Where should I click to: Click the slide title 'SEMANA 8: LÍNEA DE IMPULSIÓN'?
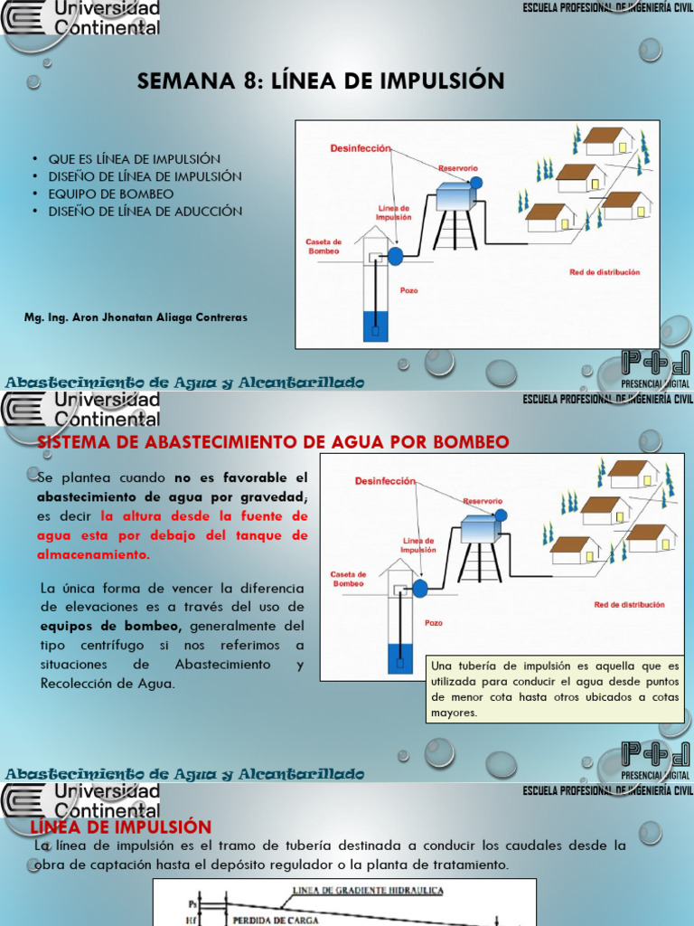pyautogui.click(x=320, y=81)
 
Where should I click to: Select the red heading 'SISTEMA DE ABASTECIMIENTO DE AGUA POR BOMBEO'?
pyautogui.click(x=273, y=442)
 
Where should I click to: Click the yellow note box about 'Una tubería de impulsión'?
pyautogui.click(x=555, y=689)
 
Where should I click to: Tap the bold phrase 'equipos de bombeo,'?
pyautogui.click(x=89, y=625)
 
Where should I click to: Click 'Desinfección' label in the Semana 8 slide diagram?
pyautogui.click(x=361, y=147)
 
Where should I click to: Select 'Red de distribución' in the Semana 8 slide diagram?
pyautogui.click(x=604, y=271)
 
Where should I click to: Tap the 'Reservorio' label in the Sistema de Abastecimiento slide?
pyautogui.click(x=483, y=500)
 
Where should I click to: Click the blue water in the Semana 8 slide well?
pyautogui.click(x=375, y=326)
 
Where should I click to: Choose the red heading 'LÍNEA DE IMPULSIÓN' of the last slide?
pyautogui.click(x=121, y=827)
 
